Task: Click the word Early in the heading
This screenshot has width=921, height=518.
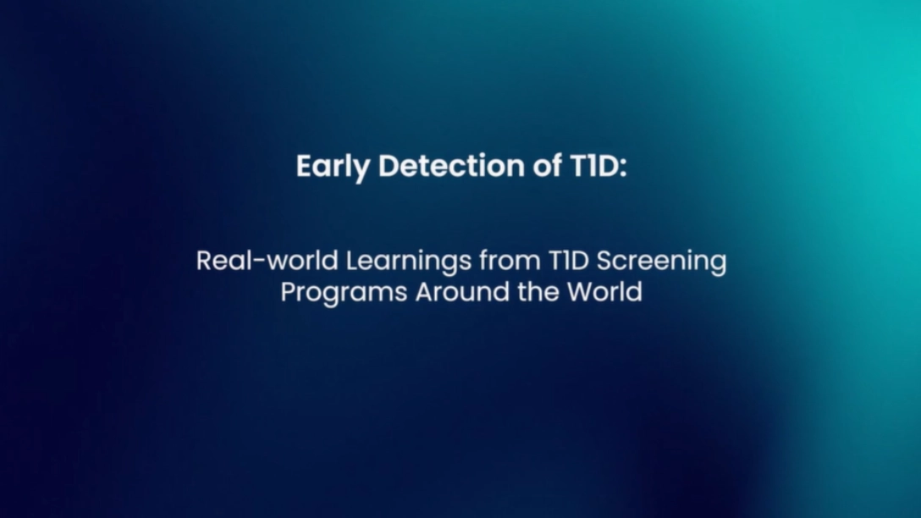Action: pos(333,167)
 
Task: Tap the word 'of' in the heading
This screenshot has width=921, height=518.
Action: pos(547,165)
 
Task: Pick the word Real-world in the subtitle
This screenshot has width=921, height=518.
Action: pos(267,260)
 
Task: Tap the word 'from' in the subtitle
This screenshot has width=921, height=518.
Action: pos(510,260)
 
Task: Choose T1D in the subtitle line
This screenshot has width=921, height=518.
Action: pos(569,261)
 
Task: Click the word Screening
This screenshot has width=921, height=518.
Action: pos(661,262)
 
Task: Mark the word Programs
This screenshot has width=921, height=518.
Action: pos(344,293)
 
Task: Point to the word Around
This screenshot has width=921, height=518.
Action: pos(462,291)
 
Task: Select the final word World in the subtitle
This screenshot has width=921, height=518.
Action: pos(604,291)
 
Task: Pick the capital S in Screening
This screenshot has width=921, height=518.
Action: pos(605,261)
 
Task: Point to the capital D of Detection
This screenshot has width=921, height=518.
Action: pos(390,166)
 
